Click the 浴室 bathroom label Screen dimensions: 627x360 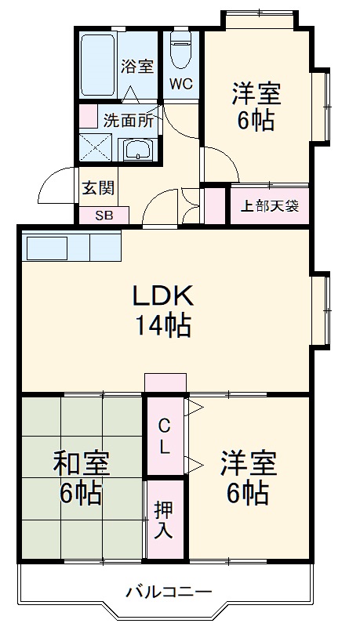[136, 67]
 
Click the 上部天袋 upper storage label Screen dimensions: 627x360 [269, 207]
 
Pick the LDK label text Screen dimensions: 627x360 [162, 296]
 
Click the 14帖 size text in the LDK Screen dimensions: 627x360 [162, 324]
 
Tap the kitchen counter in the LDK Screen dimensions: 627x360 [72, 248]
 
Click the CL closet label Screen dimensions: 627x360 [165, 437]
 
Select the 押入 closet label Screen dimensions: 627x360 [164, 520]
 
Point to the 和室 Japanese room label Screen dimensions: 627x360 [81, 463]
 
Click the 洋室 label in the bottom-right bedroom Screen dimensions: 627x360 [248, 463]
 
